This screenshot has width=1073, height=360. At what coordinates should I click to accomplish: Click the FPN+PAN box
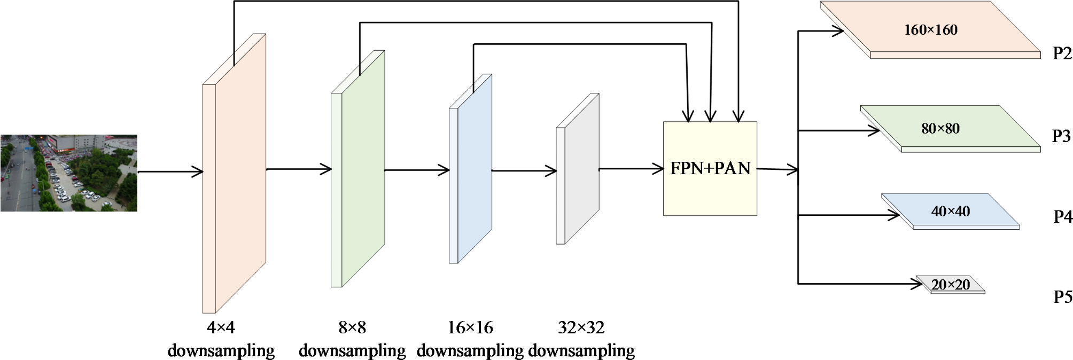click(710, 169)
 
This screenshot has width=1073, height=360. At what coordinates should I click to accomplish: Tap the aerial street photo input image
click(68, 173)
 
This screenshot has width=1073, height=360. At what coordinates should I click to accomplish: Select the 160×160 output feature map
click(930, 30)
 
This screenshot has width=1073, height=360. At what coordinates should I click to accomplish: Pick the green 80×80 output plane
click(940, 128)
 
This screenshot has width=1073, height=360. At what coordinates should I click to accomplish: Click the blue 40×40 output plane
click(950, 211)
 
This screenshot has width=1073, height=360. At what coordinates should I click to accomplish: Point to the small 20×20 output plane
click(950, 284)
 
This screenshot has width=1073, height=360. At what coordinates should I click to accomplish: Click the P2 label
click(1062, 53)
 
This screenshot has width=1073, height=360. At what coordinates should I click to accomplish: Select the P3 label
click(1061, 136)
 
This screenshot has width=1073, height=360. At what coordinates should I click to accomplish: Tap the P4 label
click(1062, 216)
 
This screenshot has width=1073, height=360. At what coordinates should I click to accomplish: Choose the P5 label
click(1062, 296)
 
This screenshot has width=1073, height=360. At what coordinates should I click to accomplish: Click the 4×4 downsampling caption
click(221, 339)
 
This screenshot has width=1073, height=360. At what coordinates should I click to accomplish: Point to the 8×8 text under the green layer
click(352, 327)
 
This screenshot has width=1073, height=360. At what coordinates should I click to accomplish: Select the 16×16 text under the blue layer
click(470, 327)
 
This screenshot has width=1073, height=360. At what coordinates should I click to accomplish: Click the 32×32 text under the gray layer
click(581, 327)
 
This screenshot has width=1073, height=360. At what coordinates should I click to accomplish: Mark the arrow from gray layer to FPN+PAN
click(631, 169)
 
